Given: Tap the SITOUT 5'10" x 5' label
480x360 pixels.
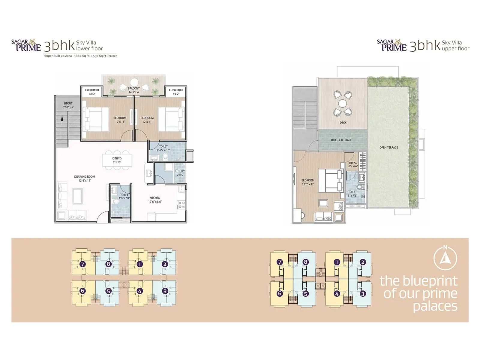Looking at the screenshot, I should (68, 105).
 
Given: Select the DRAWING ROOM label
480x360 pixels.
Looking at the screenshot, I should (85, 178).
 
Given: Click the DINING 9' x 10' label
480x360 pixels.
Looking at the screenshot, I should (117, 160).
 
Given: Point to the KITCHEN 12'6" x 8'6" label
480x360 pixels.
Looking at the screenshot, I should (155, 200).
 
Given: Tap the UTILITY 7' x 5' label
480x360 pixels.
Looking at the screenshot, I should (180, 173).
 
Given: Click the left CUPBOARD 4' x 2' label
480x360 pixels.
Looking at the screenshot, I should (92, 92).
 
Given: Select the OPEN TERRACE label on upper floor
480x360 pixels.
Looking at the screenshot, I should (388, 148).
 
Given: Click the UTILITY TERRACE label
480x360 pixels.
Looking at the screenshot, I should (341, 140).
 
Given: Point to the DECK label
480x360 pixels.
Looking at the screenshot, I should (343, 123).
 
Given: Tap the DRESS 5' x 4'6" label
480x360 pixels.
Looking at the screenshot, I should (353, 165).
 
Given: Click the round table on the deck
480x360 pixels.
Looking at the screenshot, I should (343, 103).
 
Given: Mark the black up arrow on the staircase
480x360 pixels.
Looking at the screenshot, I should (62, 118).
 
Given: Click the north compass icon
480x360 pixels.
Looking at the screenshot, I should (445, 258).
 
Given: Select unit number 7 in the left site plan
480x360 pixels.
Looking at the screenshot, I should (82, 264).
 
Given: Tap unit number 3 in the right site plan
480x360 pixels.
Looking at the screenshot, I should (363, 294).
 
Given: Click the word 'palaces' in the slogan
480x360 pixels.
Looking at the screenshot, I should (435, 306).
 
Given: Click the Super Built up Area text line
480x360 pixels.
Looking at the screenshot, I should (81, 56).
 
